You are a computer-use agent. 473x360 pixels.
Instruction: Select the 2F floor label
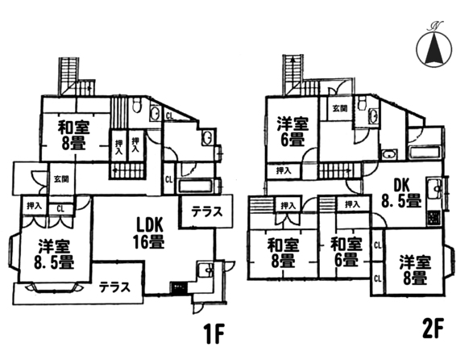pyautogui.click(x=434, y=330)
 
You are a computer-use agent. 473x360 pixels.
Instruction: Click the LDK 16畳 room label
pyautogui.click(x=149, y=233)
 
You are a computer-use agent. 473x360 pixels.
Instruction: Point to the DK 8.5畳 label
pyautogui.click(x=401, y=193)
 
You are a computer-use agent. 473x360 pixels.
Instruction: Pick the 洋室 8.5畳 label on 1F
pyautogui.click(x=54, y=254)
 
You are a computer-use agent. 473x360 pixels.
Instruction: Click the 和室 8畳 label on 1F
pyautogui.click(x=74, y=135)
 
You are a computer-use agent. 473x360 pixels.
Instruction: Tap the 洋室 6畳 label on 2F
pyautogui.click(x=293, y=132)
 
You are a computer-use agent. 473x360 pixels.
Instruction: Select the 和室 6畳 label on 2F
pyautogui.click(x=346, y=252)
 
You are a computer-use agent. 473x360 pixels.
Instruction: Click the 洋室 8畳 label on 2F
pyautogui.click(x=415, y=270)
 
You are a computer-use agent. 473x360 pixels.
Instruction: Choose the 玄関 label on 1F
pyautogui.click(x=61, y=179)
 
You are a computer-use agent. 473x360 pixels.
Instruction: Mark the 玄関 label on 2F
pyautogui.click(x=340, y=108)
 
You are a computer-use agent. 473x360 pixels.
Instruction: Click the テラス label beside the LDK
pyautogui.click(x=207, y=212)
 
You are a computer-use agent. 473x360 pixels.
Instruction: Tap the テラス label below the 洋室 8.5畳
pyautogui.click(x=114, y=287)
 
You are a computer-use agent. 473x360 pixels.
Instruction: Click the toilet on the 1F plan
pyautogui.click(x=137, y=106)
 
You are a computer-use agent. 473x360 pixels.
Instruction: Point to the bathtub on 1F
pyautogui.click(x=196, y=186)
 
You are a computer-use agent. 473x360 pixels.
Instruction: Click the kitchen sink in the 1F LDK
pyautogui.click(x=205, y=268)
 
